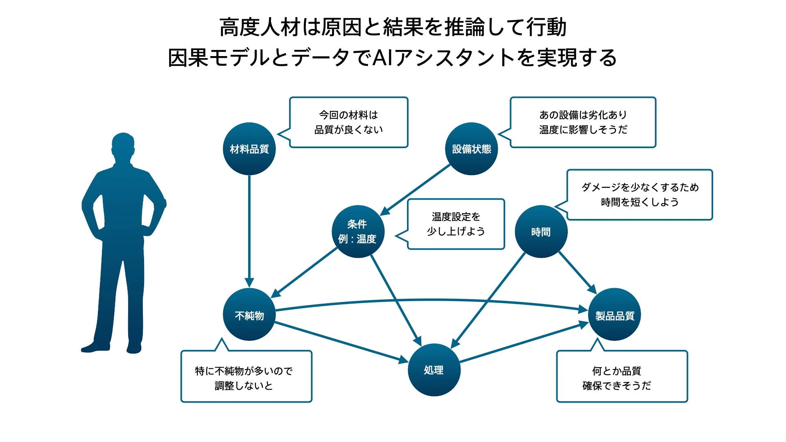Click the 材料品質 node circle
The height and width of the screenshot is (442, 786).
[x=249, y=149]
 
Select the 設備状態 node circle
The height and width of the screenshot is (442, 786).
[x=471, y=149]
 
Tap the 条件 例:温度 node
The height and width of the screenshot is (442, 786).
[x=358, y=232]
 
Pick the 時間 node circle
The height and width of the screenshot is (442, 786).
[x=541, y=232]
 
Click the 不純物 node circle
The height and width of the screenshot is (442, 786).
[x=249, y=315]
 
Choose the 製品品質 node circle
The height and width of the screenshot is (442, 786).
[x=614, y=315]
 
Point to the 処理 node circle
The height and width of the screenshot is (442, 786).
[x=434, y=370]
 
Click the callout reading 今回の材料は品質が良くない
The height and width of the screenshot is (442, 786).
[x=348, y=122]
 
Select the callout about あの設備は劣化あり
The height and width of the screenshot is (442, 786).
[x=583, y=122]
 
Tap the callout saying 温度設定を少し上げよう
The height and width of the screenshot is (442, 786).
[x=456, y=224]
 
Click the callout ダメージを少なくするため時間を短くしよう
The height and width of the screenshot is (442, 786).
[x=639, y=195]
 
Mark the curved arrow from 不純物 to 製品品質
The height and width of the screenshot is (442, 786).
[x=430, y=300]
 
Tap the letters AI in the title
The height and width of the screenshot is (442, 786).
[x=382, y=57]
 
